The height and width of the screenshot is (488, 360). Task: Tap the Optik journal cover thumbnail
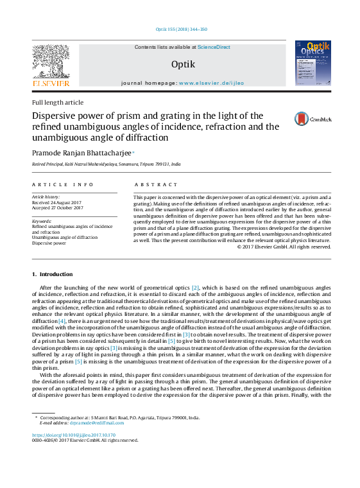(x=313, y=63)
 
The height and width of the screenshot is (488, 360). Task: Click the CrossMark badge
(x=313, y=119)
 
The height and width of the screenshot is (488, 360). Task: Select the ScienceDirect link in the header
(x=214, y=47)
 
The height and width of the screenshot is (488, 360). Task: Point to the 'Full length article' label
(x=58, y=103)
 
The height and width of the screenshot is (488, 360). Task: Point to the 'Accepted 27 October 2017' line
(x=58, y=208)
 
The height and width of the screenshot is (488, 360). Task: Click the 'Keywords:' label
(x=42, y=222)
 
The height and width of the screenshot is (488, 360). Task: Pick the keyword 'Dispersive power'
(x=49, y=243)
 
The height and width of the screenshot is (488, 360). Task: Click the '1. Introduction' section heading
(x=52, y=274)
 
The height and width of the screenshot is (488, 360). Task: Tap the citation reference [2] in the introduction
(x=196, y=287)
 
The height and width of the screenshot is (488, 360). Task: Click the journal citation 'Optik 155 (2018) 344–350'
(x=182, y=30)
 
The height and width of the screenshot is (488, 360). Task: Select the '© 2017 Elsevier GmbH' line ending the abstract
(x=284, y=247)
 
